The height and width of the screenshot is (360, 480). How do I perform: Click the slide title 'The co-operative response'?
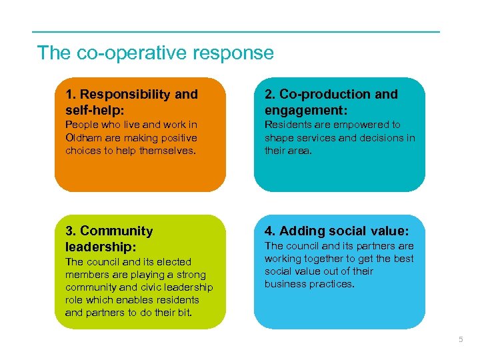click(155, 53)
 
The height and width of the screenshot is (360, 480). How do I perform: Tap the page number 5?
click(460, 340)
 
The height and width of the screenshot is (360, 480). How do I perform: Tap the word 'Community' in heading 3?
click(117, 231)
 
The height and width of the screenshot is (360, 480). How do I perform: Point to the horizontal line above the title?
click(236, 32)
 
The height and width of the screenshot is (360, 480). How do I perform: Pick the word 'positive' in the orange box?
click(179, 138)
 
